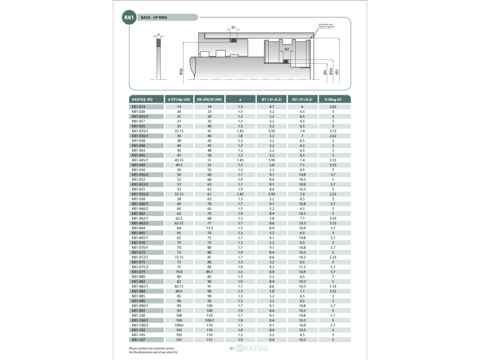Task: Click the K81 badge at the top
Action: [128, 19]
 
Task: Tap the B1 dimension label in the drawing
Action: [233, 28]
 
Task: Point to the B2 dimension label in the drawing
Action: [287, 49]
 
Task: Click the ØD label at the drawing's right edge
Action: [337, 71]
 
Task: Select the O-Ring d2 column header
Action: [332, 98]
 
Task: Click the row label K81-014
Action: [139, 106]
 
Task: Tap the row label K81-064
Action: [139, 228]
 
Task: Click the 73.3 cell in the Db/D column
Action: [209, 228]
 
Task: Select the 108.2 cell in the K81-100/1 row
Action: [209, 320]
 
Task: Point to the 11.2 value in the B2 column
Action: [302, 266]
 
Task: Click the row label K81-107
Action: [139, 340]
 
